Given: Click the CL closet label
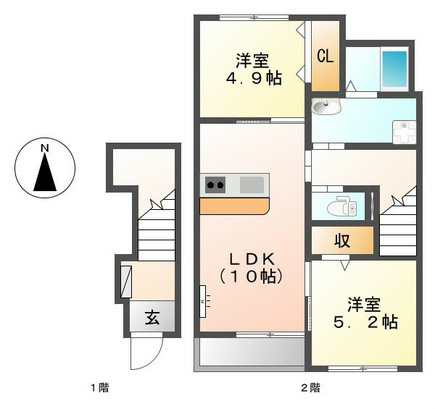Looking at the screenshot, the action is pyautogui.click(x=325, y=56).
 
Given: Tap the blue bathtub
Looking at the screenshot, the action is pyautogui.click(x=395, y=69).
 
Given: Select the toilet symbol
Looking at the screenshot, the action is pyautogui.click(x=342, y=207).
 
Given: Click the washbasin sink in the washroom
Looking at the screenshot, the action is pyautogui.click(x=326, y=107).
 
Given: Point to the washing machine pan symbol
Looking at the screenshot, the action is pyautogui.click(x=405, y=132).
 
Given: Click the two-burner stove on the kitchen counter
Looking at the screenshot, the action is pyautogui.click(x=215, y=185).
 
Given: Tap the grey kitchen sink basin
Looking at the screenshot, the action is pyautogui.click(x=252, y=185).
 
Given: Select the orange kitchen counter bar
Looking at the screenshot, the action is pyautogui.click(x=234, y=206).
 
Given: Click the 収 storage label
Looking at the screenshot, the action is pyautogui.click(x=342, y=240).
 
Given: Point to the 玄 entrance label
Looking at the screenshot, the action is pyautogui.click(x=152, y=318).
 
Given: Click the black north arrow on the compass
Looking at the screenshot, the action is pyautogui.click(x=45, y=173).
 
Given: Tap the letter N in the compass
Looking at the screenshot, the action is pyautogui.click(x=45, y=148).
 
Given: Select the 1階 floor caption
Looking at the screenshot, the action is pyautogui.click(x=100, y=388).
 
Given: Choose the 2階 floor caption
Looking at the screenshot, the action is pyautogui.click(x=311, y=388).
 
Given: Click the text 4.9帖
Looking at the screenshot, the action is pyautogui.click(x=254, y=79).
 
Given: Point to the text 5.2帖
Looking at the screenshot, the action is pyautogui.click(x=365, y=322).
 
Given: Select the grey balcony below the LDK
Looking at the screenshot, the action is pyautogui.click(x=249, y=353).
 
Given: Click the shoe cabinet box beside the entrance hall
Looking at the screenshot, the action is pyautogui.click(x=126, y=282).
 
